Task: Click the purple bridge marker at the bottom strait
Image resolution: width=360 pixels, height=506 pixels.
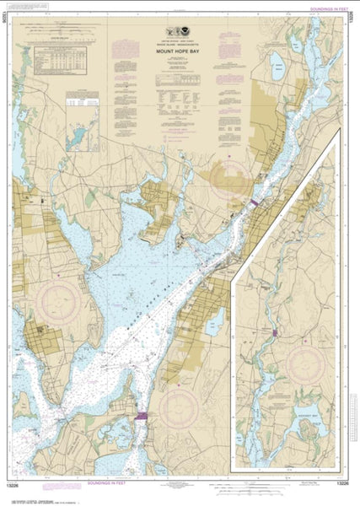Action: pyautogui.click(x=141, y=415)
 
